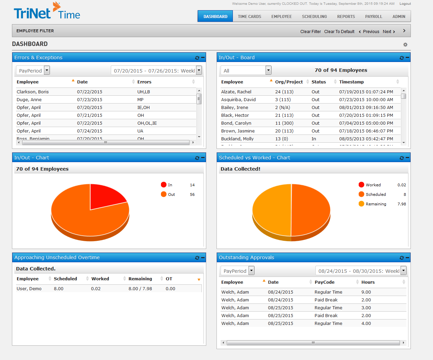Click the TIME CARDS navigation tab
pyautogui.click(x=249, y=16)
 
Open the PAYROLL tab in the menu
pyautogui.click(x=373, y=16)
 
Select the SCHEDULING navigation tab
pyautogui.click(x=314, y=16)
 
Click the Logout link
pyautogui.click(x=405, y=4)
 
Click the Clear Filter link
pyautogui.click(x=310, y=32)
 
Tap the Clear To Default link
pyautogui.click(x=339, y=32)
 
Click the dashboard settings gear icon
pyautogui.click(x=405, y=45)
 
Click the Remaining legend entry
pyautogui.click(x=376, y=204)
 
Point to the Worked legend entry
pyautogui.click(x=373, y=185)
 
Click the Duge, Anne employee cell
pyautogui.click(x=29, y=100)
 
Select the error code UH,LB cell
pyautogui.click(x=144, y=92)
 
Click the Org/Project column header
pyautogui.click(x=289, y=82)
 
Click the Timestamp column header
pyautogui.click(x=351, y=82)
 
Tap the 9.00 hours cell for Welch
pyautogui.click(x=366, y=292)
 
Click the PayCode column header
pyautogui.click(x=324, y=282)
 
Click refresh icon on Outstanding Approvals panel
pyautogui.click(x=401, y=258)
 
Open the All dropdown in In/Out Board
pyautogui.click(x=268, y=70)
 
